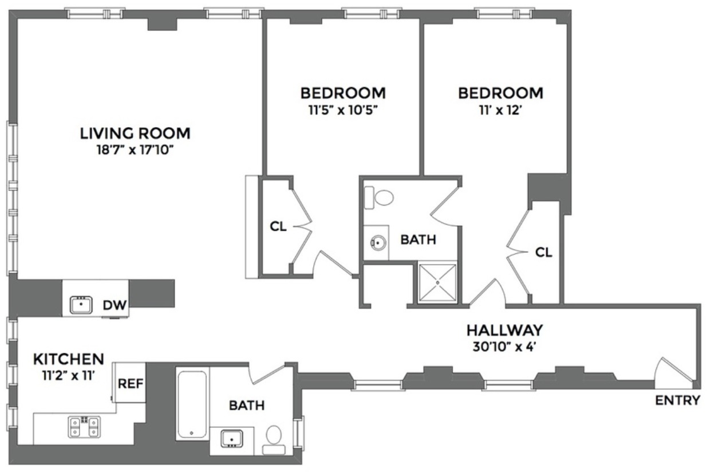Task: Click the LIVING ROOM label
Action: [135, 133]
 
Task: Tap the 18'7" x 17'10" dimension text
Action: [135, 151]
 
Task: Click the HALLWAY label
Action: [504, 330]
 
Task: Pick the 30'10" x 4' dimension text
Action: [504, 347]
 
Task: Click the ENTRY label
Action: [678, 400]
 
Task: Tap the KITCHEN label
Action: [69, 359]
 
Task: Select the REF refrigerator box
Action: [129, 382]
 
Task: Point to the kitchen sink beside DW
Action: [81, 305]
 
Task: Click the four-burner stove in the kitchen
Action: [84, 427]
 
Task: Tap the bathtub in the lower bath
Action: [192, 404]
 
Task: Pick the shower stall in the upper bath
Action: [438, 282]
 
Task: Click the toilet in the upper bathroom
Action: [380, 198]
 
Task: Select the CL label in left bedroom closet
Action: [278, 226]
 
